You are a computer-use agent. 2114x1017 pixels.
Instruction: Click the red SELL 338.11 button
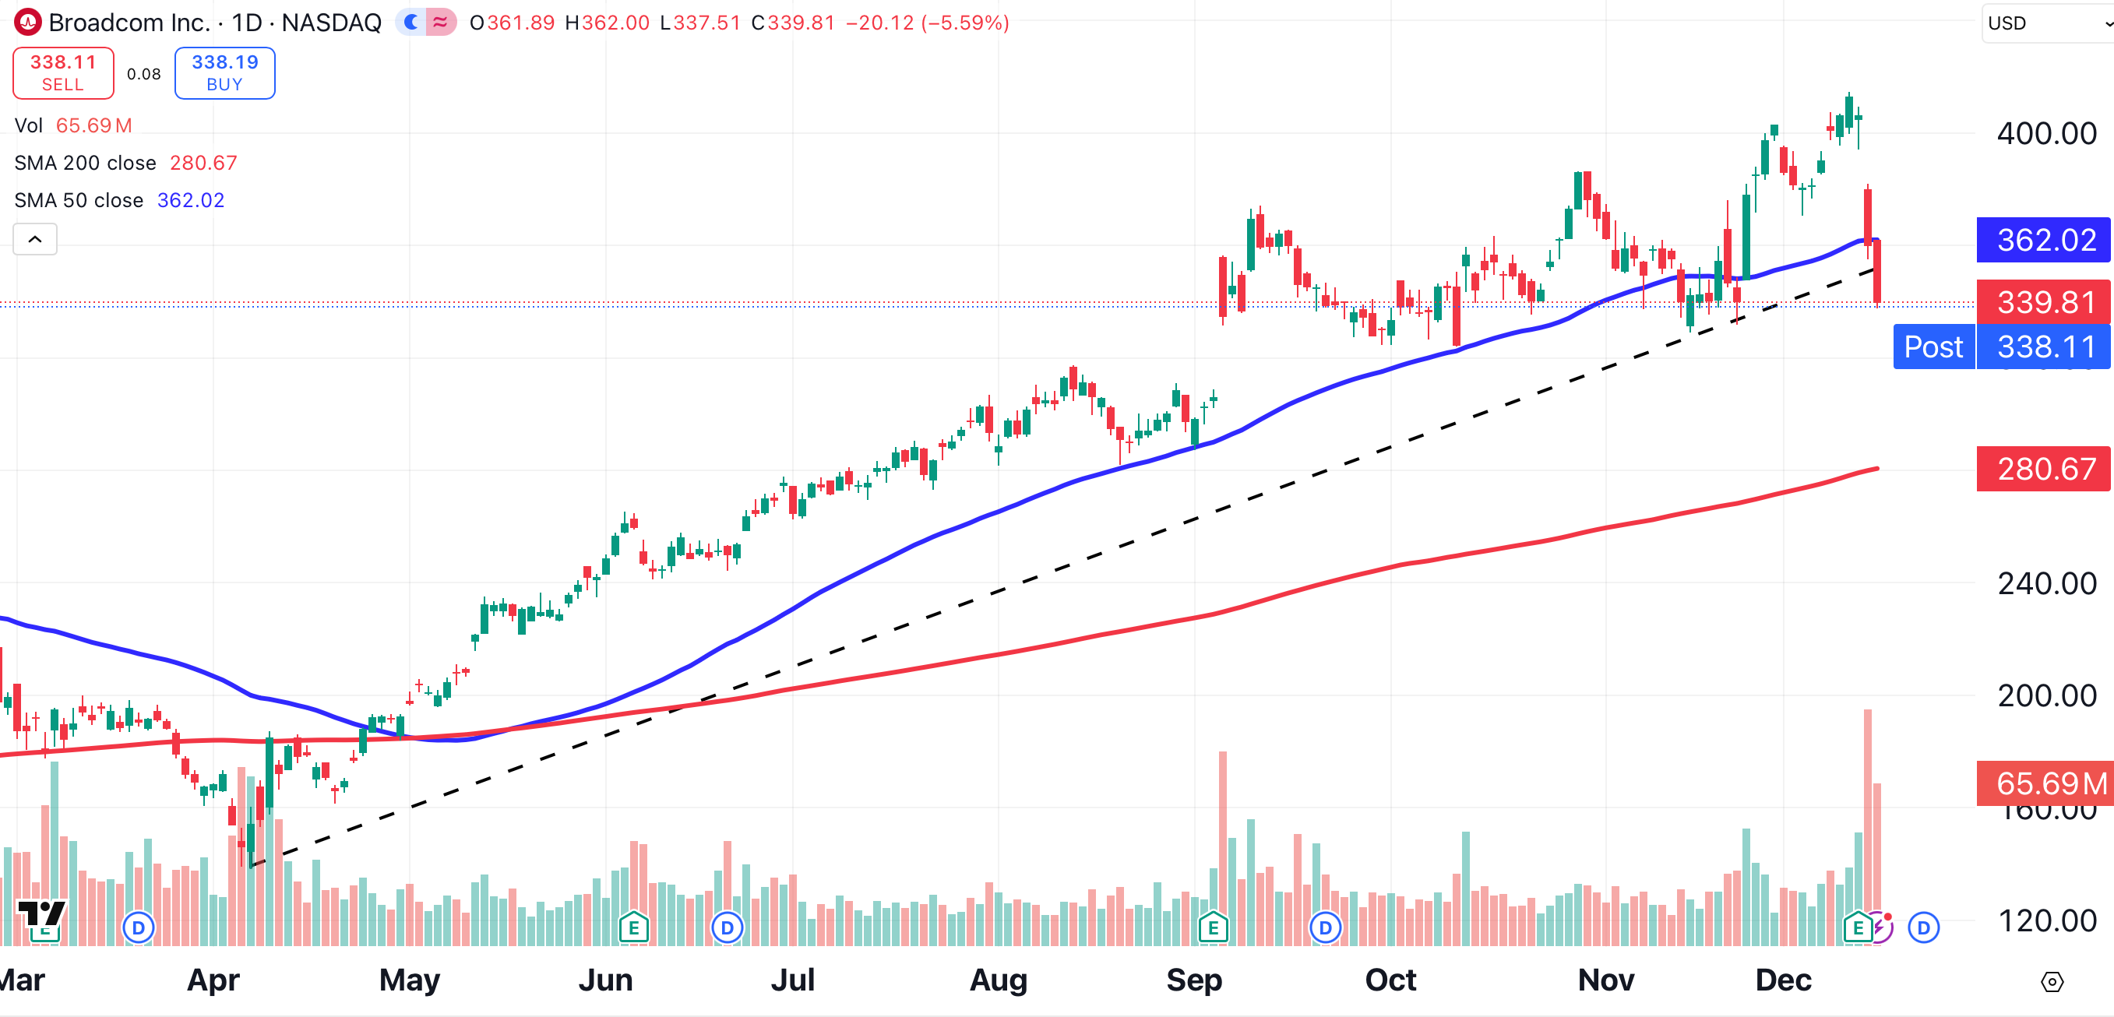point(63,73)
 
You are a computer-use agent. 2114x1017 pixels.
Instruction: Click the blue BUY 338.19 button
point(225,73)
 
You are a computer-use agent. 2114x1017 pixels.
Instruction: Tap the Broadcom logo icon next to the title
point(28,22)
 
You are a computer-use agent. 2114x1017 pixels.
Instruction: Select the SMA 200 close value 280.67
point(203,164)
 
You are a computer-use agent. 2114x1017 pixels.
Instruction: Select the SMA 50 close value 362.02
point(190,200)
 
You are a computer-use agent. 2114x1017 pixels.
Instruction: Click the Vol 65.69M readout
point(74,125)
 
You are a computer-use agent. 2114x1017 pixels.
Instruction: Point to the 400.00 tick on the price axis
point(2046,134)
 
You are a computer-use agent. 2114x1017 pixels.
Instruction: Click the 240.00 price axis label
point(2046,584)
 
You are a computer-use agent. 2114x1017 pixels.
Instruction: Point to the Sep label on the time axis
point(1194,980)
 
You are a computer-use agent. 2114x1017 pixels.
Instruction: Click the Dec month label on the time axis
point(1782,980)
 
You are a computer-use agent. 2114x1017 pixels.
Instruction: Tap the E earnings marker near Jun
point(632,928)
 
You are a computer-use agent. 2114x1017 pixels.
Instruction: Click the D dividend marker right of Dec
point(1923,927)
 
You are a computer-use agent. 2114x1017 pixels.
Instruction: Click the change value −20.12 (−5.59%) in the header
point(928,22)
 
